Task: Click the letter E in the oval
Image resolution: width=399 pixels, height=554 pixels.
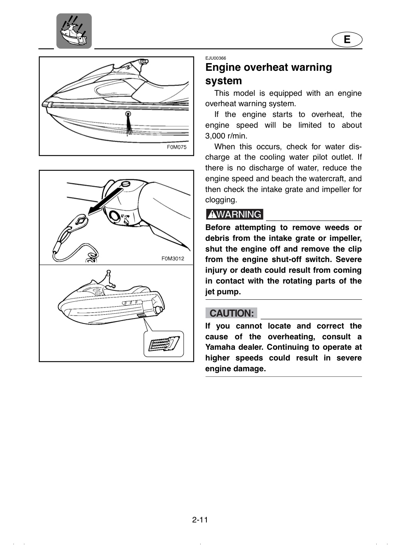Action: [x=347, y=40]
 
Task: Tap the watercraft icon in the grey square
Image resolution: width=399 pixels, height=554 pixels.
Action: [x=74, y=31]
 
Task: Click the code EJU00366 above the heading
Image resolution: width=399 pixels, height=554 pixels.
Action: [x=216, y=58]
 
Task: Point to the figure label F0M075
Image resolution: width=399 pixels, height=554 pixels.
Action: [x=176, y=147]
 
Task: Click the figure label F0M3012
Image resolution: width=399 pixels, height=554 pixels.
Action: [x=173, y=259]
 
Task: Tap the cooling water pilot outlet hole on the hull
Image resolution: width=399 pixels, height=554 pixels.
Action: [x=128, y=114]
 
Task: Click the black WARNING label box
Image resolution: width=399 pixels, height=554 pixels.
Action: [x=235, y=214]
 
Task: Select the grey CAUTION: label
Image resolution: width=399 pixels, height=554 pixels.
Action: [x=231, y=313]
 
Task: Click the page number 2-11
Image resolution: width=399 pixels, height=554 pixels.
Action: [x=200, y=520]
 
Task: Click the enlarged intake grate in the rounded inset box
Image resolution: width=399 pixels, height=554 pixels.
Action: [x=164, y=344]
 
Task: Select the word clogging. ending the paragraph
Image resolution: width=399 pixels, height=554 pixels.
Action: [x=221, y=200]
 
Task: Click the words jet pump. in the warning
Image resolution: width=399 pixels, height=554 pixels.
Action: [x=223, y=292]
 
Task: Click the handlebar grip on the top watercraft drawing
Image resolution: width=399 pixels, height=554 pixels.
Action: [x=143, y=61]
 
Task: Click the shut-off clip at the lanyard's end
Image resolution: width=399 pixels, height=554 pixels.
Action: [x=78, y=222]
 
